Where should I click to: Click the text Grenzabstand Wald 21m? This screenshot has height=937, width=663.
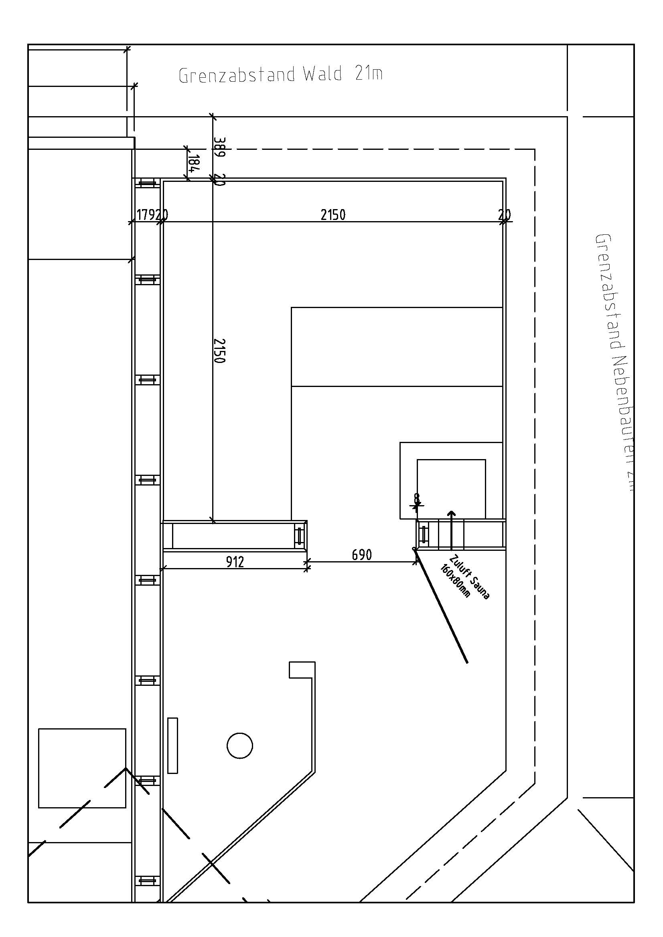point(281,75)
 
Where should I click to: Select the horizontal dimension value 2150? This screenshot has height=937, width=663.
point(333,215)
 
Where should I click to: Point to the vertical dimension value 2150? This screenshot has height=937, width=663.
point(219,350)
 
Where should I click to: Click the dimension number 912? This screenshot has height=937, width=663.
point(235,562)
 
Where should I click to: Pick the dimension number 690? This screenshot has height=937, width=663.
point(361,554)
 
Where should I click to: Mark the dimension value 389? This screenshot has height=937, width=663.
point(219,147)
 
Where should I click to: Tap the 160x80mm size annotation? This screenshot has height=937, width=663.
point(456,581)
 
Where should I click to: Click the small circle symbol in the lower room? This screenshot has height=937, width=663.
point(240,745)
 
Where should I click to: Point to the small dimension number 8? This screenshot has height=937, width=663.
point(416,498)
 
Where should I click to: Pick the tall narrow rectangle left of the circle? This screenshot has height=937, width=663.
point(173,745)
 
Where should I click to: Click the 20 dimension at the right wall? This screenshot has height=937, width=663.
point(505,214)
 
